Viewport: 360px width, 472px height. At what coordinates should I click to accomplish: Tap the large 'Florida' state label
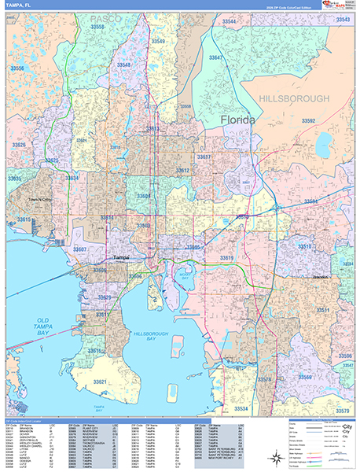pyautogui.click(x=237, y=120)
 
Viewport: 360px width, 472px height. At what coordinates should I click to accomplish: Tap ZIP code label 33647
pyautogui.click(x=216, y=57)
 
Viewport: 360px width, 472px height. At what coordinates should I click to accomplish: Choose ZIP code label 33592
pyautogui.click(x=308, y=121)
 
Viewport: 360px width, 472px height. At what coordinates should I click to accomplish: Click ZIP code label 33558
pyautogui.click(x=100, y=27)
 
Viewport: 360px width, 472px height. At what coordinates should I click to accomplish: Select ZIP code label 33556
pyautogui.click(x=17, y=69)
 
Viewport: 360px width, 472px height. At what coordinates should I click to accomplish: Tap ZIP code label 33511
pyautogui.click(x=322, y=311)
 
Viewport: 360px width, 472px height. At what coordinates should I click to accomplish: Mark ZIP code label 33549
pyautogui.click(x=158, y=41)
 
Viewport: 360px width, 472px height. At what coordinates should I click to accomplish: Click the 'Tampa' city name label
pyautogui.click(x=120, y=257)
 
